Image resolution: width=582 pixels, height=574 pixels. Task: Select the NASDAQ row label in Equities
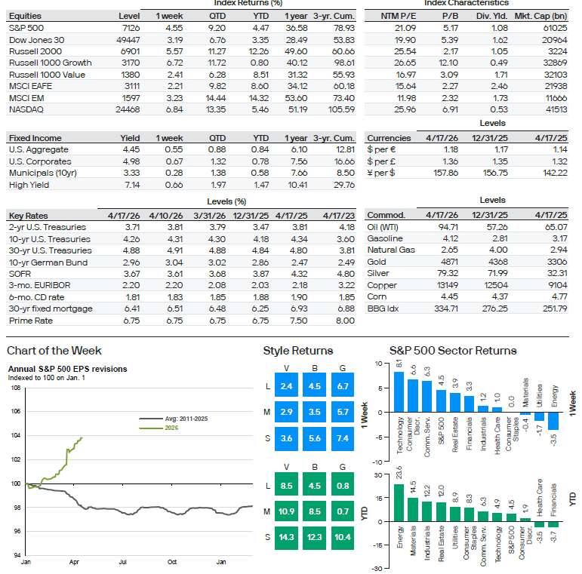point(26,109)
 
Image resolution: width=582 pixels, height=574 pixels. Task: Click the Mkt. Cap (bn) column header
point(540,16)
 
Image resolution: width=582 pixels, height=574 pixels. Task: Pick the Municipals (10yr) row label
point(41,173)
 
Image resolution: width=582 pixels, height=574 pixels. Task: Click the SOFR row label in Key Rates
point(20,274)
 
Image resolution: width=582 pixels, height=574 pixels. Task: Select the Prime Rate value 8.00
point(344,321)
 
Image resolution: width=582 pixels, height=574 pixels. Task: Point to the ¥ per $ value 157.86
point(427,173)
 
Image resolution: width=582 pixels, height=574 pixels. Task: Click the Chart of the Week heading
point(54,351)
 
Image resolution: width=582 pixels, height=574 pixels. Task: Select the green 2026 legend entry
point(171,428)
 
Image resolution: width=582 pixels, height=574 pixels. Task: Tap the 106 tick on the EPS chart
point(16,412)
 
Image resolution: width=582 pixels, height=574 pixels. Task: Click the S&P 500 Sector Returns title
point(453,351)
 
